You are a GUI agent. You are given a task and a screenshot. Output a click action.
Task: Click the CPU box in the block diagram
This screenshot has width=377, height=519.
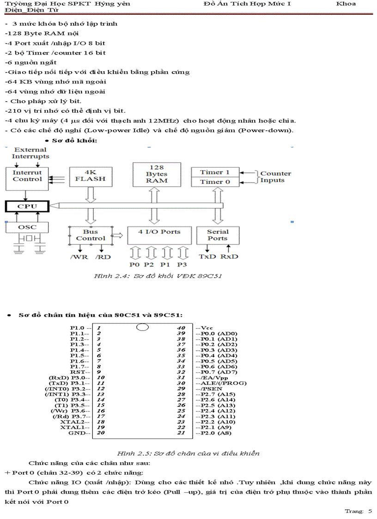click(x=27, y=206)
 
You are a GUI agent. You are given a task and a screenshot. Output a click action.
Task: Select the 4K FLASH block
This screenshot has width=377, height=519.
click(x=91, y=176)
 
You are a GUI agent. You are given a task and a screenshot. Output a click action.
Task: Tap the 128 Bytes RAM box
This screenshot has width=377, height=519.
click(x=157, y=174)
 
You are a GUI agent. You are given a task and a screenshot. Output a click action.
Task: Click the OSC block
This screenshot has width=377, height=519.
click(x=27, y=227)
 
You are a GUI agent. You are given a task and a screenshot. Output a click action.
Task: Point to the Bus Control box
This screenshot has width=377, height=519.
click(x=91, y=235)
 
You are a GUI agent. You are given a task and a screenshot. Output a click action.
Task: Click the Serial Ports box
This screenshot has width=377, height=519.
click(x=218, y=235)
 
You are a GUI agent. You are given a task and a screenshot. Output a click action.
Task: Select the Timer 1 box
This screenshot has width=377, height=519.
click(x=215, y=172)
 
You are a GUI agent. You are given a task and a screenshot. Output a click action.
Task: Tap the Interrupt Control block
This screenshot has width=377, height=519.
click(x=27, y=176)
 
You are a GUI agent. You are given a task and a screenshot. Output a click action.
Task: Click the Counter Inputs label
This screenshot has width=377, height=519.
click(x=275, y=177)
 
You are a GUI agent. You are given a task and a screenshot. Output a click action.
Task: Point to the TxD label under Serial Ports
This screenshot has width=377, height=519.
click(x=207, y=256)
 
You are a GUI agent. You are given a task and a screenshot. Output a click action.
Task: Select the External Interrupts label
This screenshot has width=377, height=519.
click(x=30, y=153)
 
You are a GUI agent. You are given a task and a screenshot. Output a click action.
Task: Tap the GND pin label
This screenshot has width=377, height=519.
click(x=78, y=433)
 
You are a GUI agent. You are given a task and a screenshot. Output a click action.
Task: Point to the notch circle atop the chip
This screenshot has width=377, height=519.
click(x=143, y=327)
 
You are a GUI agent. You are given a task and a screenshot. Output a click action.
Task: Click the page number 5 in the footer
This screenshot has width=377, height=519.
click(x=370, y=511)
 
